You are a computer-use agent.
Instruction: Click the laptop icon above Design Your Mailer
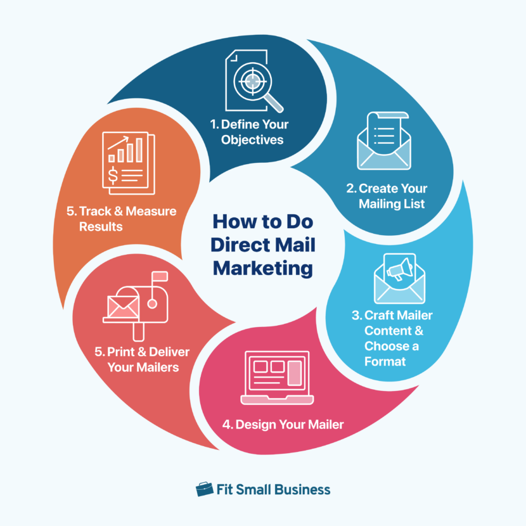275,378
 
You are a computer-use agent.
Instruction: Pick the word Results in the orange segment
100,226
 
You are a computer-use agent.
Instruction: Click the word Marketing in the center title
262,268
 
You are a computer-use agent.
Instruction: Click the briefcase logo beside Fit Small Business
204,489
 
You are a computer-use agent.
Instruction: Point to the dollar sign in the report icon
113,173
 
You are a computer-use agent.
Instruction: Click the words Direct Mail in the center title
262,245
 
